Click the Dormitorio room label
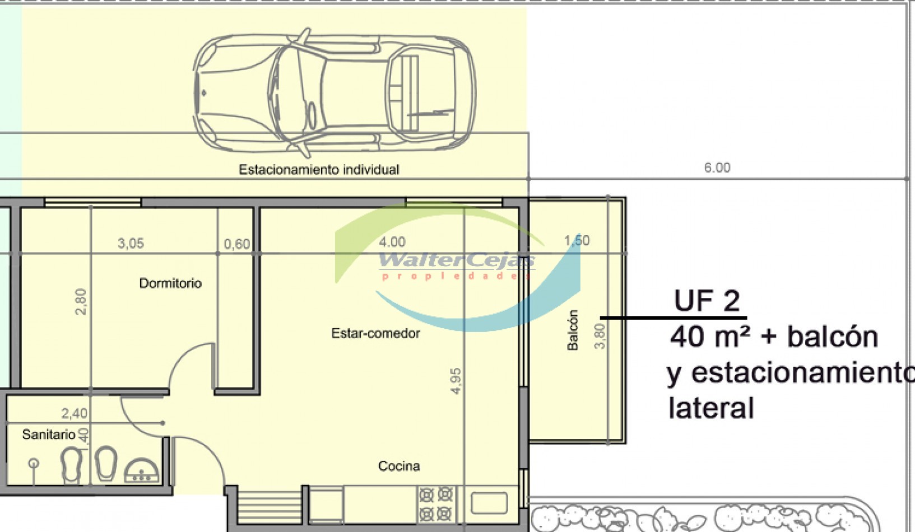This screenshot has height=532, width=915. [x=170, y=283]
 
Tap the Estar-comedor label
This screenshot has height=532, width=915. [x=375, y=334]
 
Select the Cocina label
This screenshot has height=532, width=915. [x=399, y=466]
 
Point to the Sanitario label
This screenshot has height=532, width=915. [x=49, y=435]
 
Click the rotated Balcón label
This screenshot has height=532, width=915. [x=573, y=330]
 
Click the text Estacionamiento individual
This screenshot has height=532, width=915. [x=319, y=170]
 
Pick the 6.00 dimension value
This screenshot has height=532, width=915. [x=717, y=167]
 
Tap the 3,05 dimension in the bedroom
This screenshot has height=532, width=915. [x=131, y=244]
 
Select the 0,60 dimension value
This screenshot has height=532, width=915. [x=237, y=244]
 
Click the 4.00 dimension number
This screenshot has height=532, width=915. [x=392, y=242]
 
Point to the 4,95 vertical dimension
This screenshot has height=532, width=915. [x=456, y=381]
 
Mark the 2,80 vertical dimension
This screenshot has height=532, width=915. [x=81, y=302]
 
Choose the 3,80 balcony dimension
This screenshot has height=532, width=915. [x=600, y=336]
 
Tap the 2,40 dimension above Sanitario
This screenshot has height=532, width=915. [x=74, y=414]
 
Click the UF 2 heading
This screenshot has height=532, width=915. [x=707, y=301]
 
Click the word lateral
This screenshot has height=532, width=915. [x=711, y=408]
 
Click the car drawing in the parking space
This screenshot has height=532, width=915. [x=335, y=92]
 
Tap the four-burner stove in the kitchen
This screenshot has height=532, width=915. [x=436, y=504]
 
